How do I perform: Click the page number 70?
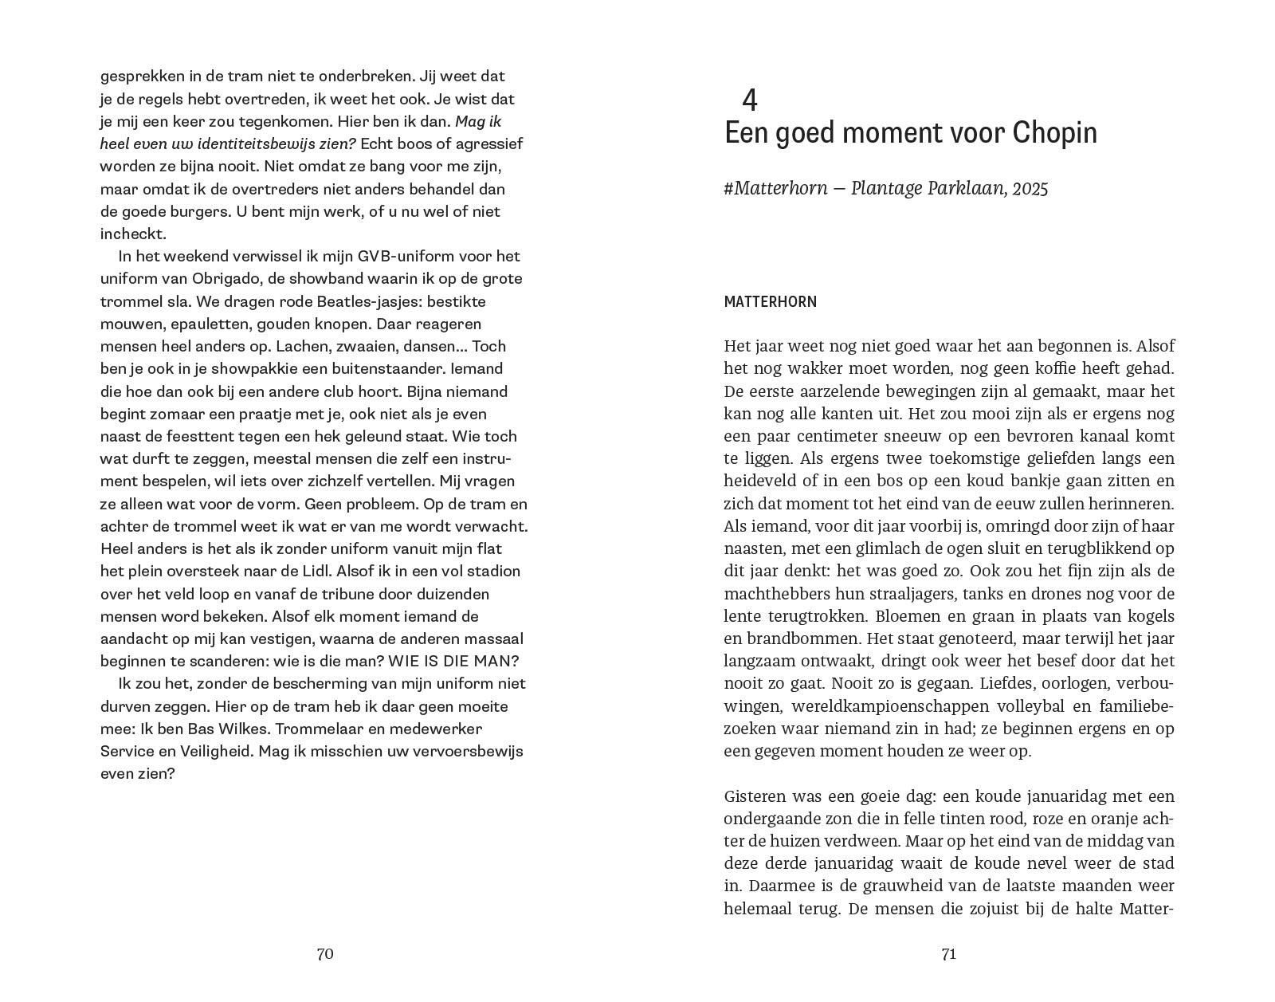[324, 954]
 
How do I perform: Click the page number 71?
[948, 954]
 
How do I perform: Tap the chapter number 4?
[749, 100]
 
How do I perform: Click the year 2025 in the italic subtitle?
[1031, 188]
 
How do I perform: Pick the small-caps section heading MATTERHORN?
[770, 302]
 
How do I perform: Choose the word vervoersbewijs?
[472, 751]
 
